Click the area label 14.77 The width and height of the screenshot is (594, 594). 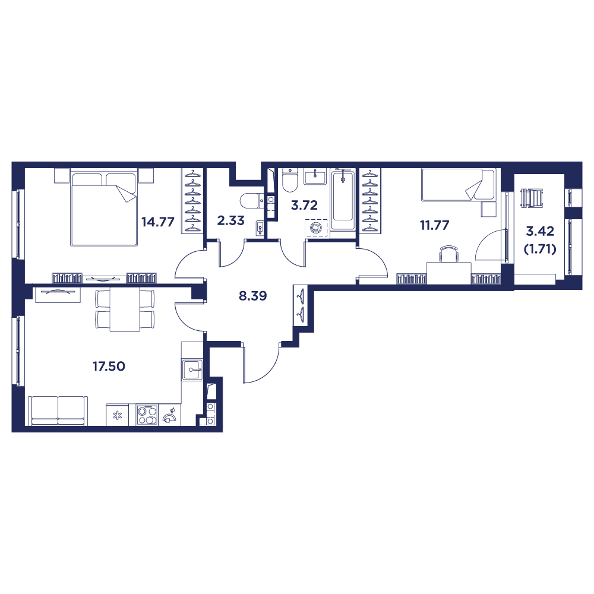click(157, 222)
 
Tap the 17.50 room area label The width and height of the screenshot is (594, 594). click(108, 366)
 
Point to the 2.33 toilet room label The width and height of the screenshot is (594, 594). click(230, 220)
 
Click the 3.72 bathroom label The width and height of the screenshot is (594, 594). click(304, 206)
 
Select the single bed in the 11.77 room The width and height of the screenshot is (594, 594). click(457, 185)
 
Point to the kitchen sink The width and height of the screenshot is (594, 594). click(192, 369)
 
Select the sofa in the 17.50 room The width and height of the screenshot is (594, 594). click(58, 410)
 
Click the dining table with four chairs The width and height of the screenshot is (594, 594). click(125, 309)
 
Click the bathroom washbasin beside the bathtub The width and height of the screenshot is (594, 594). click(314, 176)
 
